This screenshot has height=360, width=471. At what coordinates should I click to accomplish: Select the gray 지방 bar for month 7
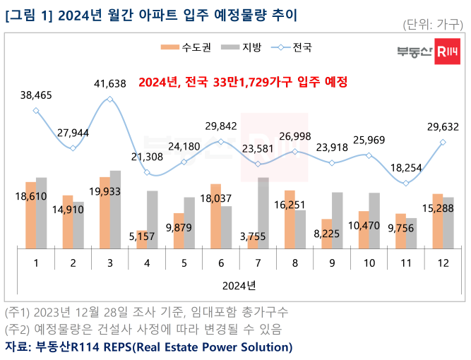[263, 212]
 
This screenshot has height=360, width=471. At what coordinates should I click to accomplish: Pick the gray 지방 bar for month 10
[374, 220]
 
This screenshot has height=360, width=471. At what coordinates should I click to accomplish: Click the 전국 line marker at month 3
[109, 100]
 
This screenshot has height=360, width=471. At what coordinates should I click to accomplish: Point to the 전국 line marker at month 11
[406, 184]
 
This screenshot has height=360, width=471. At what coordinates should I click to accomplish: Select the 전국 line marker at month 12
[443, 142]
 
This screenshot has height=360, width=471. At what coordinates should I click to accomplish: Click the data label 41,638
[109, 83]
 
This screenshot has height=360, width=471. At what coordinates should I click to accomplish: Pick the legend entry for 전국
[292, 47]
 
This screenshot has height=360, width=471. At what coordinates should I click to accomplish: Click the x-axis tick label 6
[220, 263]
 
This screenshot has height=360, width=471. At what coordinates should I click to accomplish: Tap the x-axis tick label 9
[331, 263]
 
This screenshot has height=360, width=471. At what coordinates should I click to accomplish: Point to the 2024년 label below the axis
[238, 286]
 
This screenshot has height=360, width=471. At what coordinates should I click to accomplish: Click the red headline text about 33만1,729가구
[244, 83]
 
